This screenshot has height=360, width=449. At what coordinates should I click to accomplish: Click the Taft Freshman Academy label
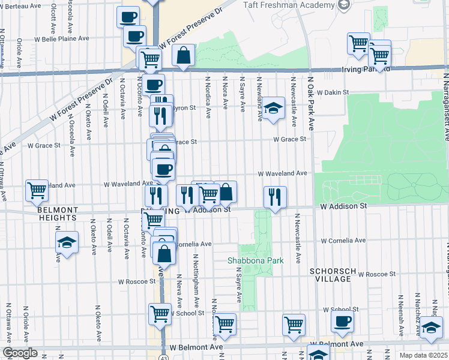289,5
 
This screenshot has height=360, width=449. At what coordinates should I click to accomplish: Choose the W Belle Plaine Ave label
61,38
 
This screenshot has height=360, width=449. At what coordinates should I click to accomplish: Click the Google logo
19,353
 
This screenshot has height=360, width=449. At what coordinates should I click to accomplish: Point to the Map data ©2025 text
424,355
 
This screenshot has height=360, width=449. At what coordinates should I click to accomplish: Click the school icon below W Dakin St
273,109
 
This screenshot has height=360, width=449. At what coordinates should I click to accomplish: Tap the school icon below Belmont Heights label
66,242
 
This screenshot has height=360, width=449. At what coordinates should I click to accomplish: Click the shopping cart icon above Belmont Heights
37,190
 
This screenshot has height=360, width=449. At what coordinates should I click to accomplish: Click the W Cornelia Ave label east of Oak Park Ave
343,241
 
